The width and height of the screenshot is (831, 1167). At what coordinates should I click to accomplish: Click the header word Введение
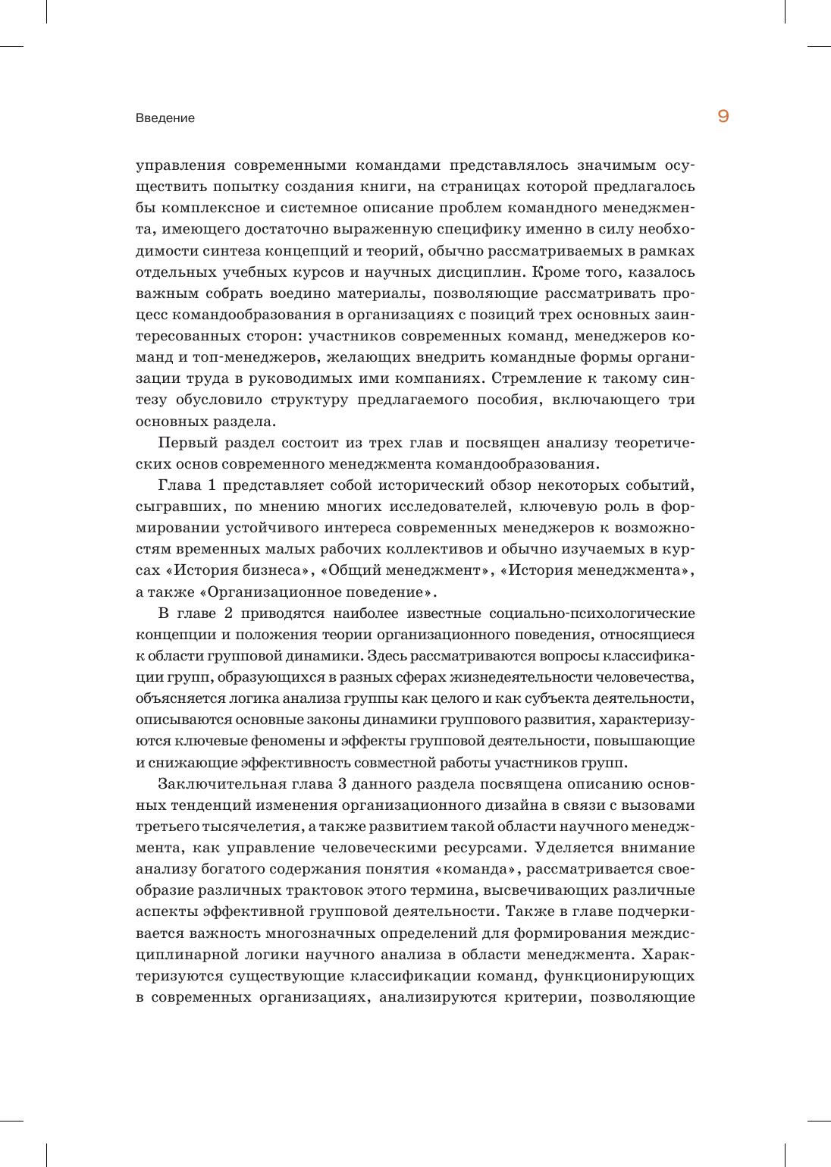click(165, 118)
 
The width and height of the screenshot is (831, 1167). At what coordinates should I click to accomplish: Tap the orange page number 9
click(723, 117)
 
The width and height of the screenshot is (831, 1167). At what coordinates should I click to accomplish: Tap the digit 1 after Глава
click(212, 485)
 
